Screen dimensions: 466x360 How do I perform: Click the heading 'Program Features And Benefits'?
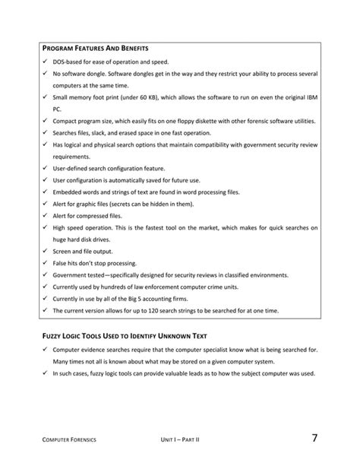click(94, 48)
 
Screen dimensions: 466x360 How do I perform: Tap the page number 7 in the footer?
click(314, 438)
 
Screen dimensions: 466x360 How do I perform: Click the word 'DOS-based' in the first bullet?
click(68, 61)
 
